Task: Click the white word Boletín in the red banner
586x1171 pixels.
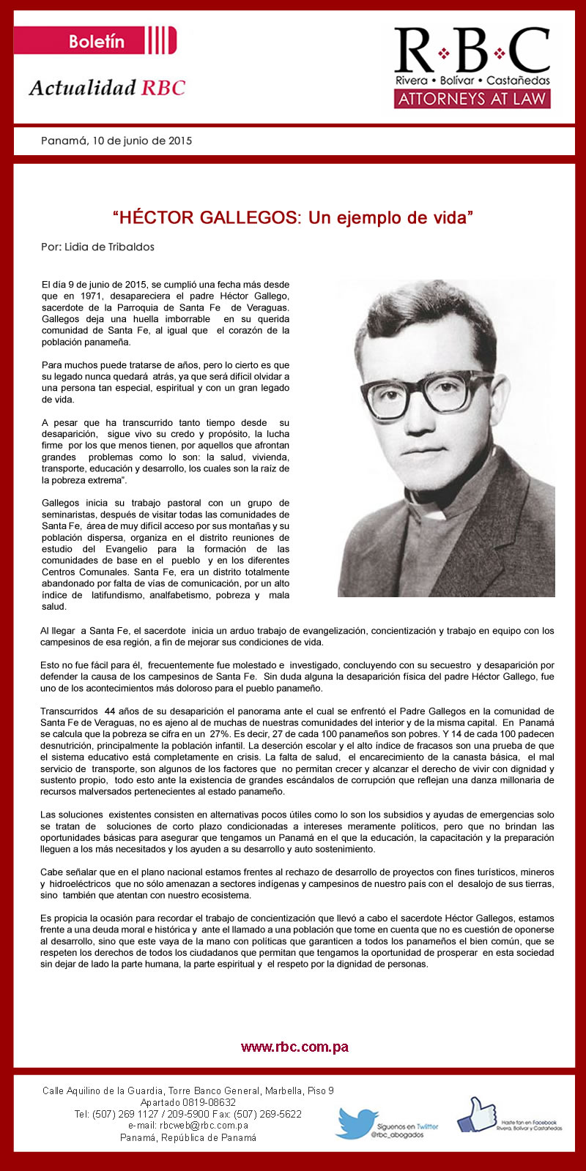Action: click(x=97, y=41)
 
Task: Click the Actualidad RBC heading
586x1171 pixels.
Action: click(x=107, y=88)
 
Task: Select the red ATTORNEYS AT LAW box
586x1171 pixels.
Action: click(x=472, y=99)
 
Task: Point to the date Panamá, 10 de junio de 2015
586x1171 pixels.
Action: click(x=116, y=141)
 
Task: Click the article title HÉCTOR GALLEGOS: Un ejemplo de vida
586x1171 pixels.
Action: click(x=293, y=217)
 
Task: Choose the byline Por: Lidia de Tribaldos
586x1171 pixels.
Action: click(x=97, y=247)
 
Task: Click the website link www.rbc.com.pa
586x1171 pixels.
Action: click(x=294, y=1047)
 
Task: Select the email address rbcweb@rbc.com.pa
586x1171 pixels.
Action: click(x=188, y=1126)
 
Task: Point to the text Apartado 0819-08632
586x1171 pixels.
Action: click(x=188, y=1102)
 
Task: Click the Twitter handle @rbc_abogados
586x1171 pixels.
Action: click(x=396, y=1134)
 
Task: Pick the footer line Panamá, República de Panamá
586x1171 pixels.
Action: click(x=188, y=1137)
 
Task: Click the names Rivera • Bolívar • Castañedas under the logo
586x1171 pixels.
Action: click(x=472, y=79)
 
